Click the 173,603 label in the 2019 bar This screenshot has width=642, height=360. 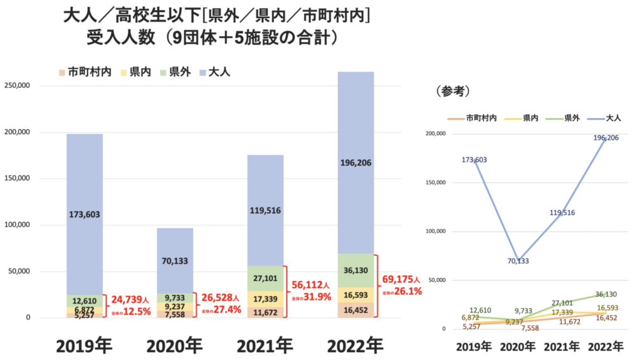85,214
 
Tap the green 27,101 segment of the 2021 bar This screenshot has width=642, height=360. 265,278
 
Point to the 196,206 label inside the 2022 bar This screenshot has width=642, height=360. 355,162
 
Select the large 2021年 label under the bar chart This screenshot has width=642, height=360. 265,346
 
